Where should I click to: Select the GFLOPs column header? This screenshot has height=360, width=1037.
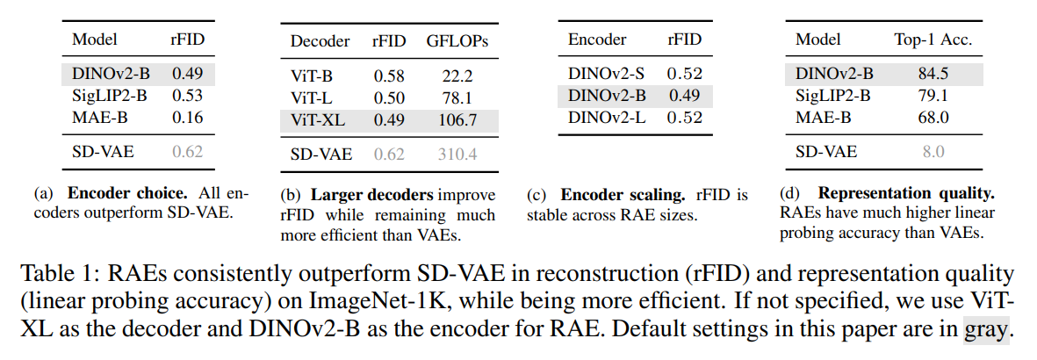pos(458,41)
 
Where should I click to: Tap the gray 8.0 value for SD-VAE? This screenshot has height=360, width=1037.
pos(933,152)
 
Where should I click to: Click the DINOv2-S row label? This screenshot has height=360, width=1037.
pos(608,74)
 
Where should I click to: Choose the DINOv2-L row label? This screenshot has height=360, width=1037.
pos(608,116)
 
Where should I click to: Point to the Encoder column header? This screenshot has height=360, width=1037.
pos(597,40)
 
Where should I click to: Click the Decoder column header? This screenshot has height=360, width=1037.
pos(320,41)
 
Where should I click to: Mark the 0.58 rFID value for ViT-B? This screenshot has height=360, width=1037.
pos(389,76)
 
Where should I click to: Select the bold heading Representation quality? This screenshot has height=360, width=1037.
pos(912,193)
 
